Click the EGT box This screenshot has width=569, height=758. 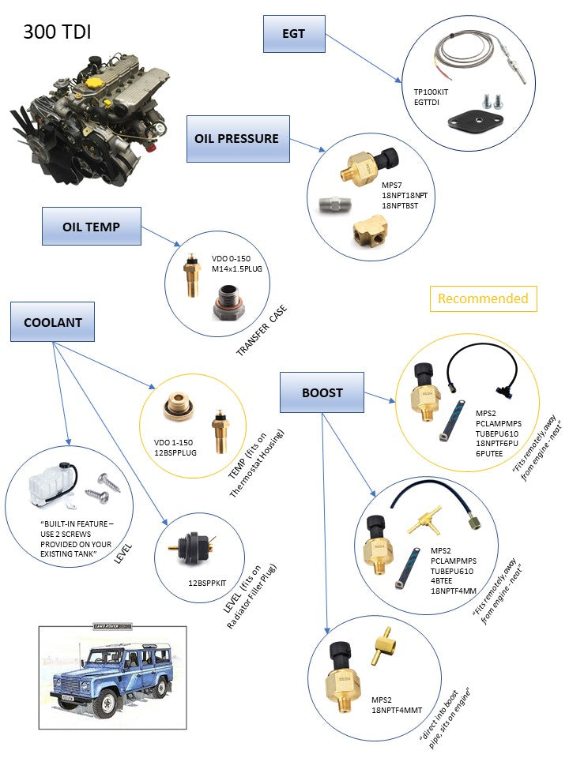click(293, 35)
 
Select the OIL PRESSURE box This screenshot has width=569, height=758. click(236, 138)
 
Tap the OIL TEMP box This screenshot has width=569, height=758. click(91, 227)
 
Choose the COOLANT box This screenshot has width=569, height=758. click(52, 322)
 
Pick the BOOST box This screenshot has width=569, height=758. click(322, 392)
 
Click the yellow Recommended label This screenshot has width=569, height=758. click(483, 298)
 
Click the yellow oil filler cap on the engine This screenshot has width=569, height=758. click(95, 82)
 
